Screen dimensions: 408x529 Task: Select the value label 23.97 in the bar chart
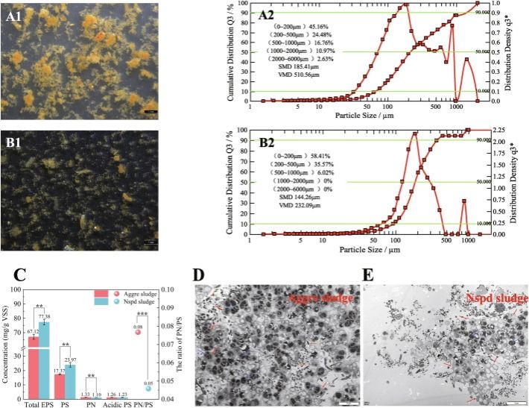(x=72, y=359)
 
